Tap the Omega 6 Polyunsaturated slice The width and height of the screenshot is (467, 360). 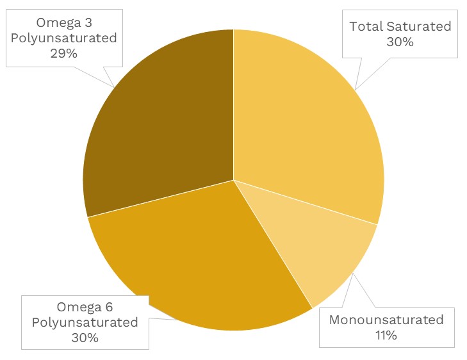coord(205,263)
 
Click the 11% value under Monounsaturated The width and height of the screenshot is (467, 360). coord(386,334)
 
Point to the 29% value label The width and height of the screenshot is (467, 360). coord(63,53)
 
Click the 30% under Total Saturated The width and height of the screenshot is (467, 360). coord(400,42)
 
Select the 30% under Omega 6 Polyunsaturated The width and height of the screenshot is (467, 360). coord(85,338)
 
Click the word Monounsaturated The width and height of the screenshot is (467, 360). coord(386,319)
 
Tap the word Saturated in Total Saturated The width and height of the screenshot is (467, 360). coord(419,26)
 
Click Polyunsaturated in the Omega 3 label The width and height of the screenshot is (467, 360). coord(63,38)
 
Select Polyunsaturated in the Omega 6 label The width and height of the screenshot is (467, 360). coord(85,322)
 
